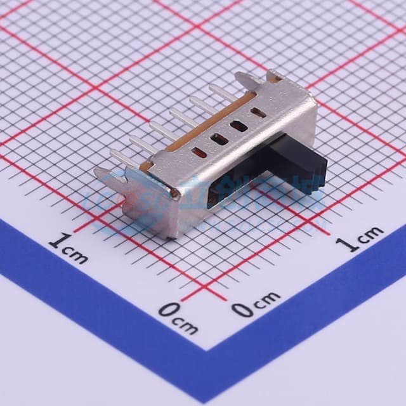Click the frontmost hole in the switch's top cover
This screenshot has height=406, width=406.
(x=199, y=152)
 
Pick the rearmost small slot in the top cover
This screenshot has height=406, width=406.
(x=258, y=113)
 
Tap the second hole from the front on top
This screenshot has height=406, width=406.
(x=219, y=138)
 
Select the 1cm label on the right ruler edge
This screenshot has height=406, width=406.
(x=362, y=238)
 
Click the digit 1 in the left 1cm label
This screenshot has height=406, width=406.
(x=58, y=242)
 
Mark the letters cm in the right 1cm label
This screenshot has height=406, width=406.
(x=370, y=234)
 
